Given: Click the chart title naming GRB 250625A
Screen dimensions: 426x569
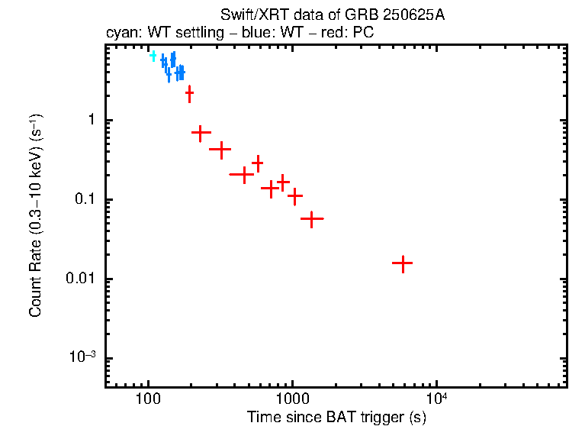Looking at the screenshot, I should [x=332, y=16].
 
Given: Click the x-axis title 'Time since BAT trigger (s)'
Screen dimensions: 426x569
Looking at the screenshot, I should [x=336, y=417].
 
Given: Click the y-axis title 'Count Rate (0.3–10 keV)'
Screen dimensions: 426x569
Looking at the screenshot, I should [x=36, y=216].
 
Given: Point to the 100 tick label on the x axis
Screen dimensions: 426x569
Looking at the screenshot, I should [x=147, y=399].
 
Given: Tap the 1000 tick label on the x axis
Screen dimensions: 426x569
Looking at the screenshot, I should [x=291, y=399].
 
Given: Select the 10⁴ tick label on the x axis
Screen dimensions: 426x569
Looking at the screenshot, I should [x=436, y=399].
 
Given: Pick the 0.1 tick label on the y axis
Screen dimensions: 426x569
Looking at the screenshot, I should [x=85, y=200].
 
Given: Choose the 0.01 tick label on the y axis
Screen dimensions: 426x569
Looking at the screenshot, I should [x=82, y=279].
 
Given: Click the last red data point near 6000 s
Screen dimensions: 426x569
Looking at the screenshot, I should [x=402, y=263].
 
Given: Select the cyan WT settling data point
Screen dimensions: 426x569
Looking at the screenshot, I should [x=153, y=56].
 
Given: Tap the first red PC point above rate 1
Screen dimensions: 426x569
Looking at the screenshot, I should [x=189, y=93].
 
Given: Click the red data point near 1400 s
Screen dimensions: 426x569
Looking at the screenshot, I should [x=311, y=219].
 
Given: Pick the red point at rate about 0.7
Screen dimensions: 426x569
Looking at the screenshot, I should [x=201, y=133].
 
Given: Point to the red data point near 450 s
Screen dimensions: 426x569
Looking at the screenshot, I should [x=243, y=175].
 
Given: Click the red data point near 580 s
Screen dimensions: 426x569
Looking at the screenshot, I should [x=258, y=163].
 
